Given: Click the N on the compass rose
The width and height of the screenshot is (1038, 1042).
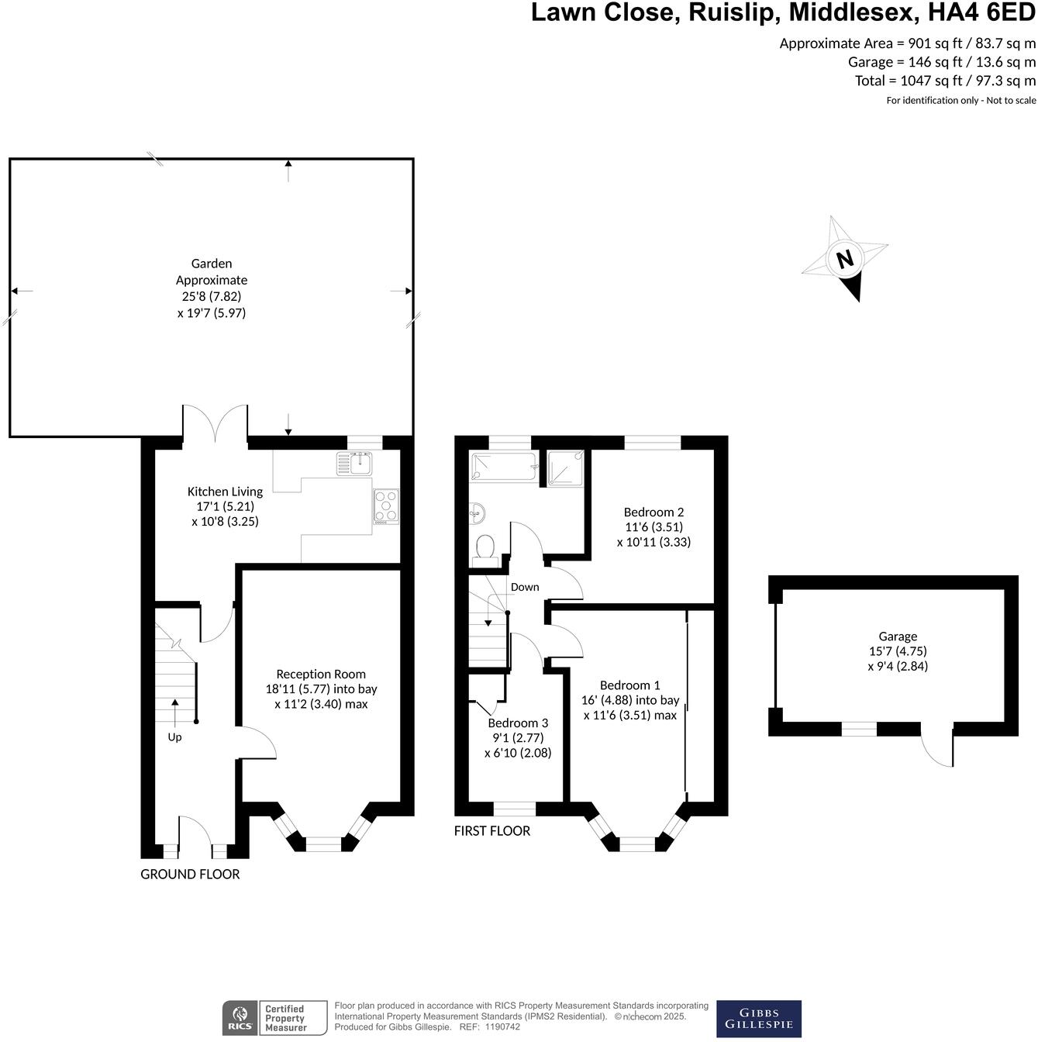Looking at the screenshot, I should [845, 258].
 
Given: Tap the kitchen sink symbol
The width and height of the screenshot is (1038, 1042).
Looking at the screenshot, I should [355, 464].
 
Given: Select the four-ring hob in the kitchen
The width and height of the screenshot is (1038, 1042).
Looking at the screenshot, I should [386, 506].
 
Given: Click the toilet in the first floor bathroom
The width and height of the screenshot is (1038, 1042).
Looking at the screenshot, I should [486, 547].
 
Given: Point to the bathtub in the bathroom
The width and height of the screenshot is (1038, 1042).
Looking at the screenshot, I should [504, 467].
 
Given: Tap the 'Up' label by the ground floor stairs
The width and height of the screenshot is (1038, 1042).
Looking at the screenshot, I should [174, 737].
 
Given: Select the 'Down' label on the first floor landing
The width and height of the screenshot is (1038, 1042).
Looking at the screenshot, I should [525, 587].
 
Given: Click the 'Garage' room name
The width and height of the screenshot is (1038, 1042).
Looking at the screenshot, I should [898, 636].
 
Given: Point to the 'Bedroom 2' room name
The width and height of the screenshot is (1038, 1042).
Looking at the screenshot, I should [653, 512].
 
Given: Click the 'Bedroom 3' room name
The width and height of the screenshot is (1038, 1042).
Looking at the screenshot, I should [518, 723].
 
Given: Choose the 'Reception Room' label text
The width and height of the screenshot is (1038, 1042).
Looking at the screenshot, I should [321, 674].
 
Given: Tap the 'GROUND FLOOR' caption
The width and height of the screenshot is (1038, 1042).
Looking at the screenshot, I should [190, 874].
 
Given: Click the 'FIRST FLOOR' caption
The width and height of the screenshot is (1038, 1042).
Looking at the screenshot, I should [492, 830].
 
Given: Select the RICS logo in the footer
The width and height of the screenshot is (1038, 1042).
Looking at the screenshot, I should [239, 1018].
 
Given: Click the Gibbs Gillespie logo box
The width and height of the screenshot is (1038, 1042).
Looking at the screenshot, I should [758, 1018].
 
